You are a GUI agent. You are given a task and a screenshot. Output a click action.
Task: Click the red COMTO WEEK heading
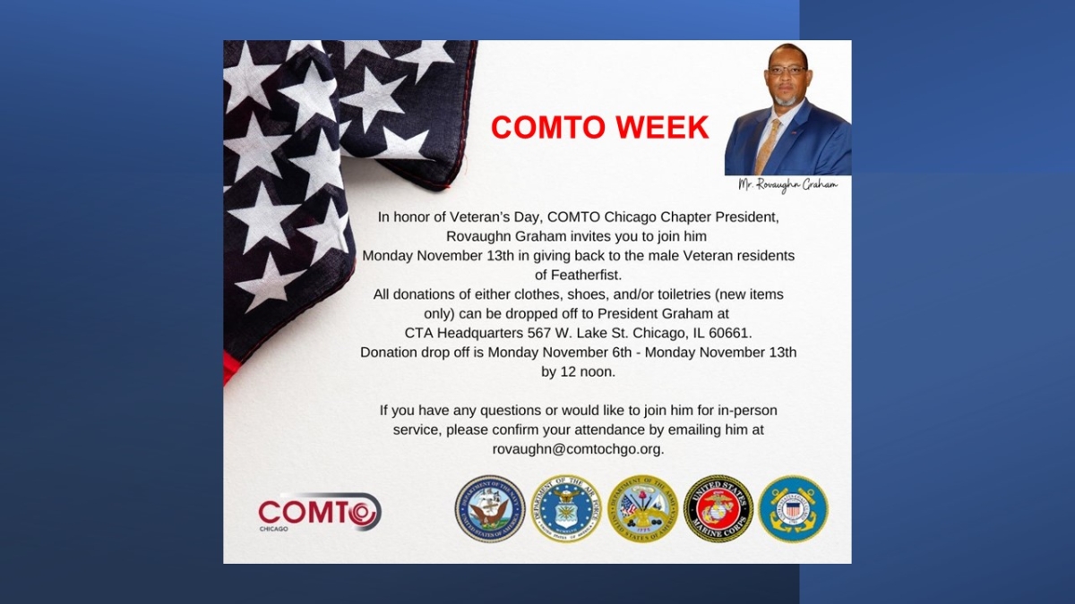[x=599, y=128]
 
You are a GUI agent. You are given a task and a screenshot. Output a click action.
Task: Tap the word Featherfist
[x=578, y=275]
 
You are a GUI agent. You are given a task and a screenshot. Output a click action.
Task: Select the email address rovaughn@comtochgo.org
[x=578, y=448]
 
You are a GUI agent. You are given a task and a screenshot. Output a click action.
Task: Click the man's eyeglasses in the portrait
[x=787, y=70]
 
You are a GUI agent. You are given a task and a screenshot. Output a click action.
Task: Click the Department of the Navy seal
[x=489, y=508]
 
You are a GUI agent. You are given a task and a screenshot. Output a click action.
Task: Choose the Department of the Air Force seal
[x=565, y=508]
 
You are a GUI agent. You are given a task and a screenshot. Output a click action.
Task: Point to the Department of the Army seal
[x=641, y=508]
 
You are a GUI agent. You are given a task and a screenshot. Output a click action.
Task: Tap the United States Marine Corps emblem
[x=718, y=508]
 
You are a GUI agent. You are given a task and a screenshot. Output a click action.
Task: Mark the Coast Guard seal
[x=793, y=508]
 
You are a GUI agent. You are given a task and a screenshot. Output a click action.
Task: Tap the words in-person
[x=741, y=410]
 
